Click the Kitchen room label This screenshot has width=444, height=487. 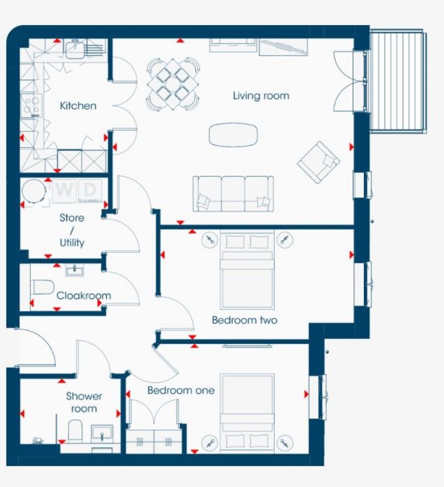tap(78, 105)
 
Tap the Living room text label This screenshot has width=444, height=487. tap(261, 95)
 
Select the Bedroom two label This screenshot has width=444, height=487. tap(245, 320)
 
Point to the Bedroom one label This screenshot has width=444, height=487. tap(181, 390)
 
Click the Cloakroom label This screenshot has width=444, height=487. tap(84, 296)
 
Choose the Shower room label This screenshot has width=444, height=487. tap(84, 402)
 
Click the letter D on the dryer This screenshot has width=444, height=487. tap(89, 190)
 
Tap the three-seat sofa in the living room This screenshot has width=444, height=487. tap(233, 194)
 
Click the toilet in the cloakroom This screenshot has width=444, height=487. tap(42, 287)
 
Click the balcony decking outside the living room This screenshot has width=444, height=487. tap(397, 80)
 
